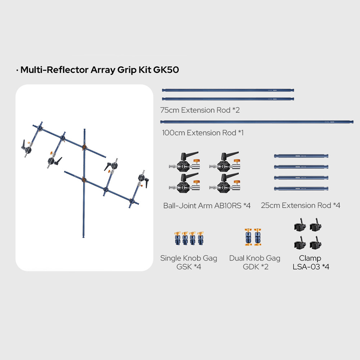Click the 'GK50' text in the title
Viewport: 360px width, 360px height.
(x=166, y=70)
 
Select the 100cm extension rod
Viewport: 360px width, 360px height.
(x=257, y=122)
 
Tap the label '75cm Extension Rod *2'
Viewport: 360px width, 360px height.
(x=200, y=110)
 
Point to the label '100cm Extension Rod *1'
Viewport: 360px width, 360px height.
(x=203, y=133)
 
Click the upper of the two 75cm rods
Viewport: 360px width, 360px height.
(x=228, y=90)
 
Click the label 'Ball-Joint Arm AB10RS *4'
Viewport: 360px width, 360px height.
(x=207, y=206)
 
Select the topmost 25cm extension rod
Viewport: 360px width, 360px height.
(x=301, y=156)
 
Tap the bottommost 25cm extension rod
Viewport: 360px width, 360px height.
(x=301, y=189)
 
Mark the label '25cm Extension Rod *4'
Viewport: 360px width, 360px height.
(x=300, y=205)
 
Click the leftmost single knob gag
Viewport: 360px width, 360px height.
(x=177, y=238)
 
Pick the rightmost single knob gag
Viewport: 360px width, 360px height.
(x=201, y=238)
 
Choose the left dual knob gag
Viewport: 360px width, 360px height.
(x=248, y=237)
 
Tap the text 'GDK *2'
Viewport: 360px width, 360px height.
(x=256, y=267)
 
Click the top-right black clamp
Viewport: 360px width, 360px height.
(x=315, y=225)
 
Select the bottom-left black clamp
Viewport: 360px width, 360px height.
(x=300, y=243)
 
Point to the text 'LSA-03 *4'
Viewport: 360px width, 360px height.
(x=311, y=267)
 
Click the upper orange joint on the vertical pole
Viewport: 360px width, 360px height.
(x=85, y=147)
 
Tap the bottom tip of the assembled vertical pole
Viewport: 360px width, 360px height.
(x=84, y=237)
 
